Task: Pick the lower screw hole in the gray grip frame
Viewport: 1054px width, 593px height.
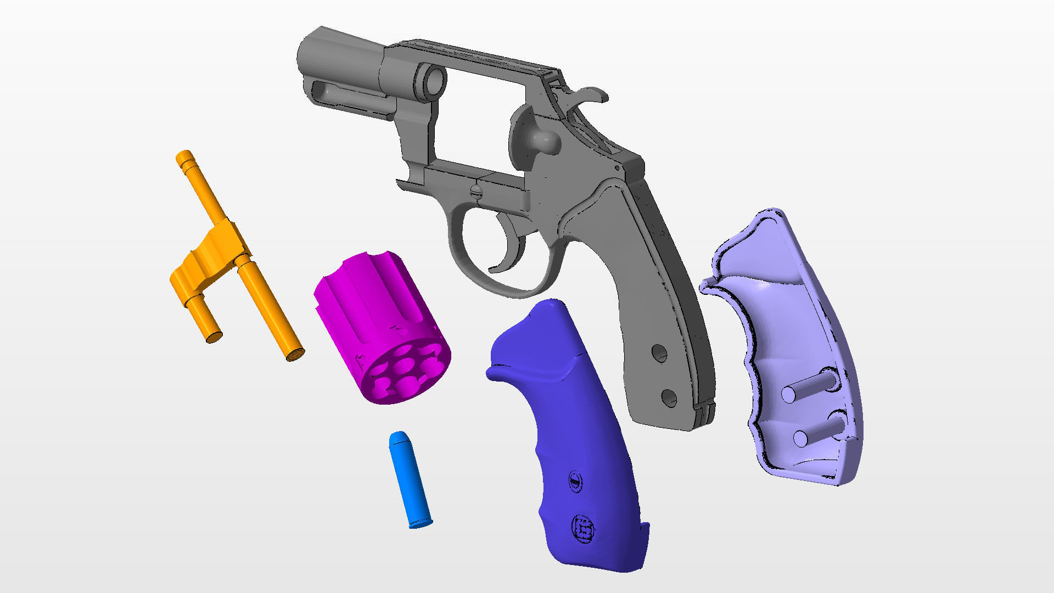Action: [669, 397]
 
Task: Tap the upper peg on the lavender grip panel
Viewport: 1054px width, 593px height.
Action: [790, 394]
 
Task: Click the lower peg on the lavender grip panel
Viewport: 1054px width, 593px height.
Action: [802, 438]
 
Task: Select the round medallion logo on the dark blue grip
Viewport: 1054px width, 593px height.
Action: [583, 529]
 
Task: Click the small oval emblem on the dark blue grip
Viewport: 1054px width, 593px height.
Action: [575, 481]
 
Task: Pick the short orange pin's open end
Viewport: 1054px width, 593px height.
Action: [214, 337]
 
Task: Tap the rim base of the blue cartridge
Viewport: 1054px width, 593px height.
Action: [421, 523]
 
